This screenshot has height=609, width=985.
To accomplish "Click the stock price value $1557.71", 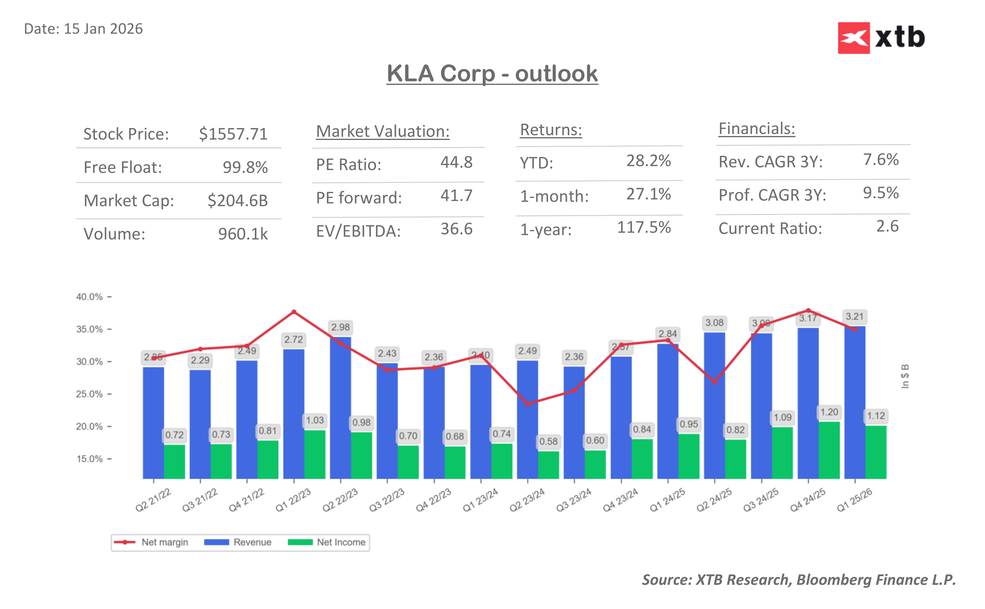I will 233,134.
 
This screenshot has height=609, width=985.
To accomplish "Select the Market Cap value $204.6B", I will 237,200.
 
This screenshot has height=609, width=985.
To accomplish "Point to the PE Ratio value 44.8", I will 456,162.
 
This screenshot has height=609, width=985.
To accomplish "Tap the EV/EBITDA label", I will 358,231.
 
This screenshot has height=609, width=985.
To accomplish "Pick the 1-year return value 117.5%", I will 644,227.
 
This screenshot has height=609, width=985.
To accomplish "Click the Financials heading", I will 756,129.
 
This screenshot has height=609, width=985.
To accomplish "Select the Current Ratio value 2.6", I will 887,226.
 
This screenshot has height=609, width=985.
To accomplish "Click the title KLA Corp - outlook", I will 492,74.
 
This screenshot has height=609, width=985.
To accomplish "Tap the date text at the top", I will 83,29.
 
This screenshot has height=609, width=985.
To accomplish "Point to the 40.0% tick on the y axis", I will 89,297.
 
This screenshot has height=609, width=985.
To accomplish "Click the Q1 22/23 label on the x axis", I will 293,500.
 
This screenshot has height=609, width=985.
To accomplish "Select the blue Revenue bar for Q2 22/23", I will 340,407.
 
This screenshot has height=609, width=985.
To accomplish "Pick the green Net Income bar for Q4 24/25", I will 829,450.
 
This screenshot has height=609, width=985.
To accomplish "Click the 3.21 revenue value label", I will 854,316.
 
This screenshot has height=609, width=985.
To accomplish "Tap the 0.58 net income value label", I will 548,441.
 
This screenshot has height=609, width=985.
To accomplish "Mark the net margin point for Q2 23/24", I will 527,404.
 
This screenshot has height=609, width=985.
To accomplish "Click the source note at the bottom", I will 798,579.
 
